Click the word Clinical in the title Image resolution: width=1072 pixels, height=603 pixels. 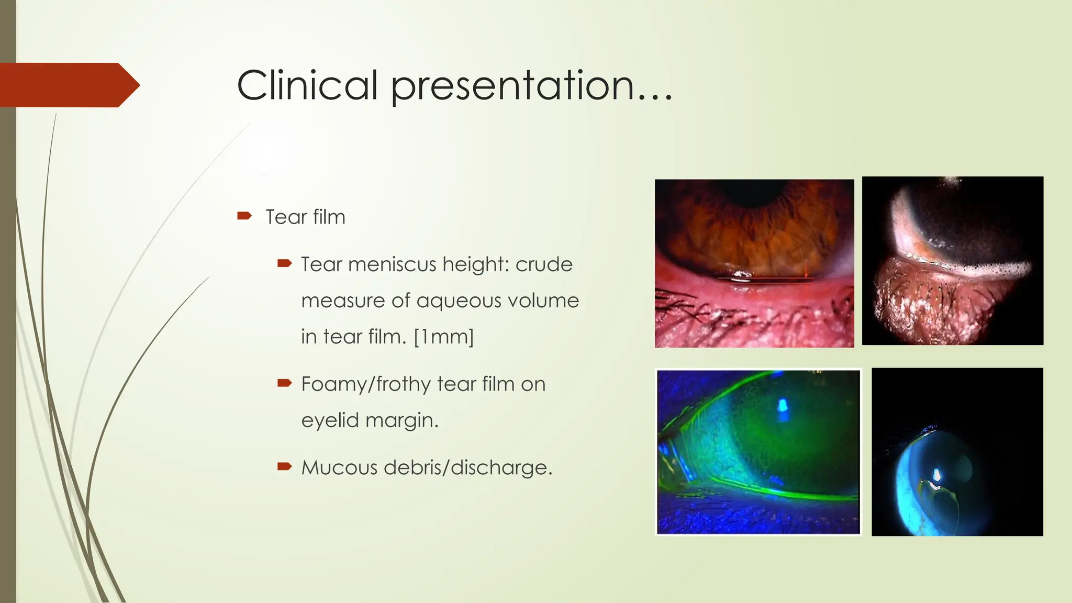[x=307, y=85]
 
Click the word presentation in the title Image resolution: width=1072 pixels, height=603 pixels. [x=513, y=86]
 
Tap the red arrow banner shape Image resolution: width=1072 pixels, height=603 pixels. [x=68, y=85]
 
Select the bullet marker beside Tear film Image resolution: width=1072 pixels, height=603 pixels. [x=244, y=216]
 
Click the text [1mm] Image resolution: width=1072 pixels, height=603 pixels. [x=444, y=337]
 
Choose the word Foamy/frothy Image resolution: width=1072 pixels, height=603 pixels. [x=365, y=384]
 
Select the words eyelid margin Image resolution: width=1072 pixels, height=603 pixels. [x=370, y=420]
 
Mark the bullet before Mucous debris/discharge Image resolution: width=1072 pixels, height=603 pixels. [x=284, y=466]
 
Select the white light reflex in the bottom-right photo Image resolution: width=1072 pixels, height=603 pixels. [x=936, y=476]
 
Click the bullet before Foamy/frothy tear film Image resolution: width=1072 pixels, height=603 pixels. [x=284, y=383]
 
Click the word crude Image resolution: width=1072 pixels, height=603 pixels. [x=544, y=264]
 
